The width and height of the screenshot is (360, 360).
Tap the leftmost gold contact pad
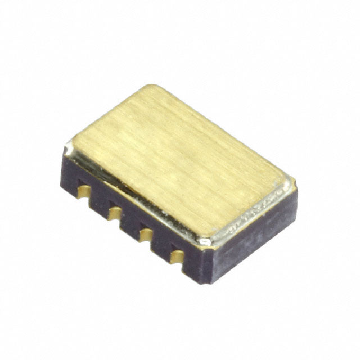(84, 192)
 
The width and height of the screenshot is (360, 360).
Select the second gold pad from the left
(115, 213)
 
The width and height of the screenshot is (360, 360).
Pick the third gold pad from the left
(145, 233)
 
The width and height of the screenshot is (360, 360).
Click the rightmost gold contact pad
(177, 256)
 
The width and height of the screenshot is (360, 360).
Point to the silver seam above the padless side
(253, 217)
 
